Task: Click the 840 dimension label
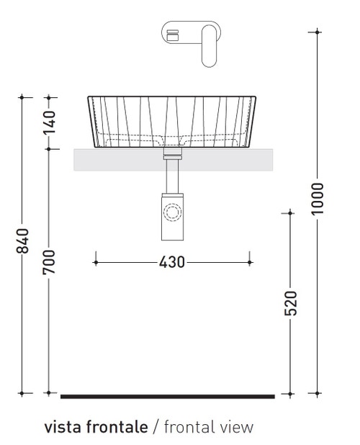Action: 22,241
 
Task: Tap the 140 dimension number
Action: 49,123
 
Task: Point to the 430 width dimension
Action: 173,261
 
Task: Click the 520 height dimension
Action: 290,303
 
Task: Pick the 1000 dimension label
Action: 318,198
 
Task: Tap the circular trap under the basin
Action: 173,213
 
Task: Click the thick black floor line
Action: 167,396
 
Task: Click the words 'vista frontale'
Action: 96,427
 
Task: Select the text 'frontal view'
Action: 209,427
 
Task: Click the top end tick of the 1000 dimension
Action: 318,32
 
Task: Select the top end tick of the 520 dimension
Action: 290,212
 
